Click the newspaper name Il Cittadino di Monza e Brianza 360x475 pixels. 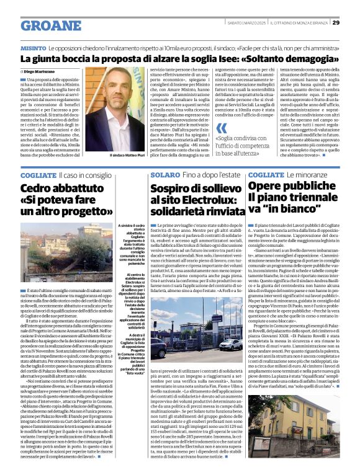coord(301,23)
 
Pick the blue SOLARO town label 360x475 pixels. coord(164,175)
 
